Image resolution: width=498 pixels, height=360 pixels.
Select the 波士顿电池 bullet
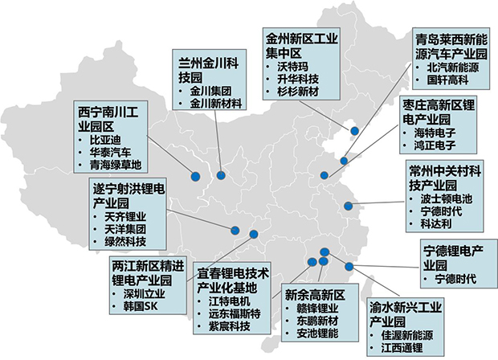(447, 198)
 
